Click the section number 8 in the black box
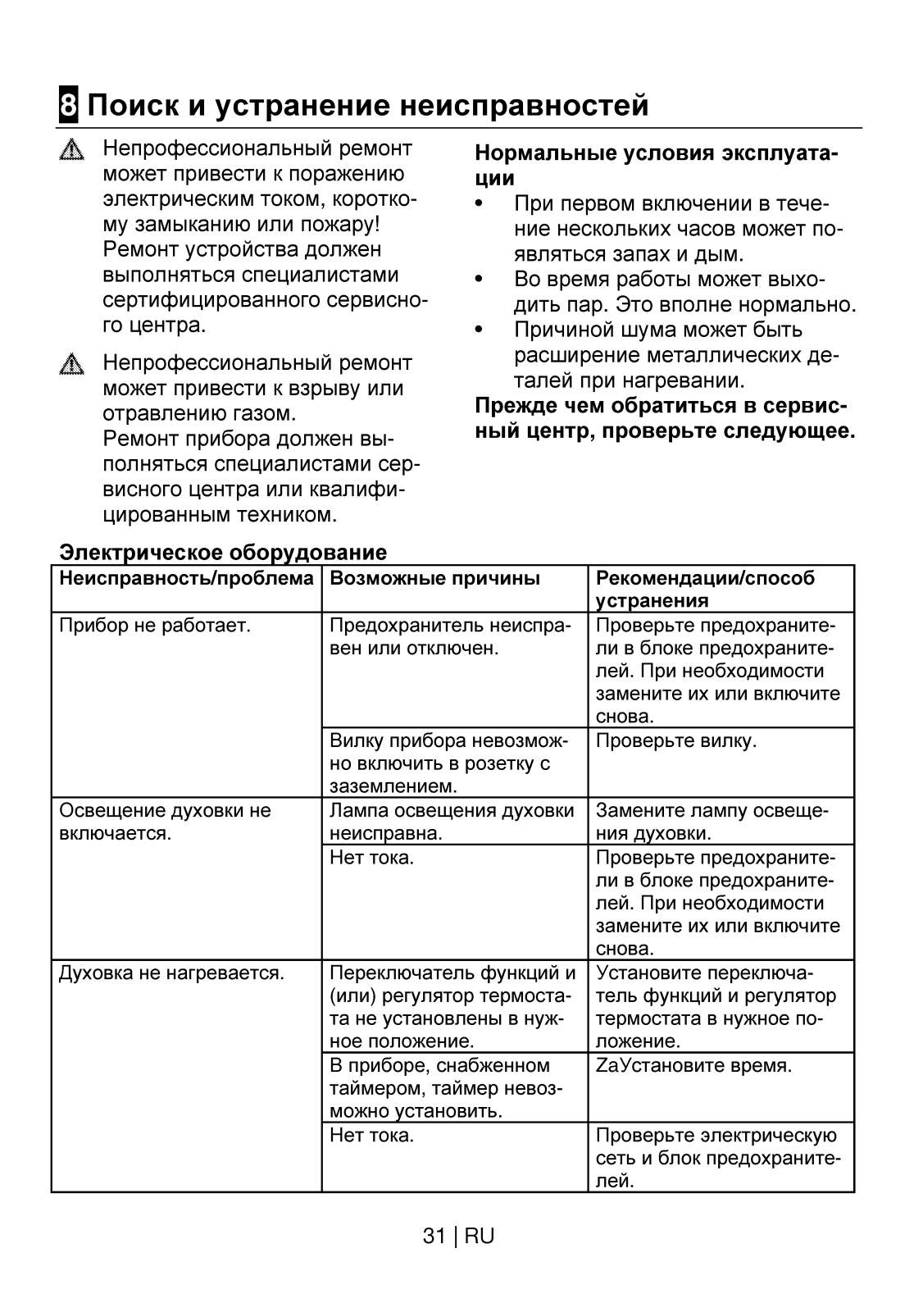(x=69, y=106)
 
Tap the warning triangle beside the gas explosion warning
(x=72, y=364)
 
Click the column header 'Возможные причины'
(x=434, y=579)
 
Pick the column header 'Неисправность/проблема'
(x=187, y=579)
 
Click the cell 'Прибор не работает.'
(x=155, y=626)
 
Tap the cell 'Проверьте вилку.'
(x=676, y=741)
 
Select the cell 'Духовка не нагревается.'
(x=171, y=974)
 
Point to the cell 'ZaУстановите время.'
(x=693, y=1066)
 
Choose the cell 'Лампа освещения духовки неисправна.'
(x=452, y=822)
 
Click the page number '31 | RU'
(x=458, y=1237)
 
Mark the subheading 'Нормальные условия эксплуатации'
(x=657, y=166)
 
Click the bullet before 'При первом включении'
(x=479, y=203)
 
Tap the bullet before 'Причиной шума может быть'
(x=479, y=330)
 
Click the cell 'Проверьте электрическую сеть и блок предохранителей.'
(x=717, y=1159)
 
